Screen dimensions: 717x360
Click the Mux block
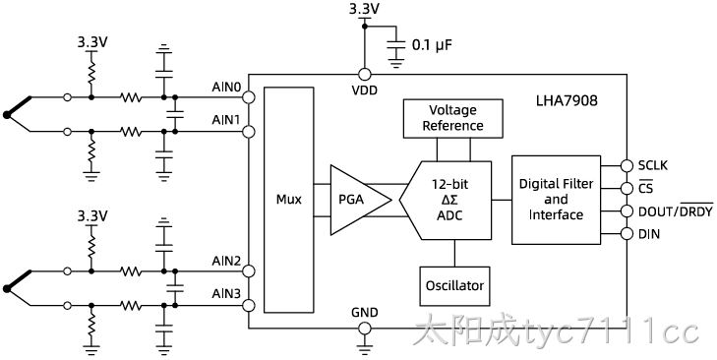point(289,200)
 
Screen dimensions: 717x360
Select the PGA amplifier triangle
point(357,200)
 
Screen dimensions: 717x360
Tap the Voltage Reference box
point(452,118)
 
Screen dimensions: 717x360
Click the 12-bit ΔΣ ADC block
point(446,200)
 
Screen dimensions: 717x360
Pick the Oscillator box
point(454,286)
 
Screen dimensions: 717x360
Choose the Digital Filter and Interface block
point(556,200)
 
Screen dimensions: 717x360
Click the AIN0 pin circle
point(248,97)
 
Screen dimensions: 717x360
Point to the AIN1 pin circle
point(248,132)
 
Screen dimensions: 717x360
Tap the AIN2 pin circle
point(248,271)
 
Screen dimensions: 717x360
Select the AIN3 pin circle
point(248,305)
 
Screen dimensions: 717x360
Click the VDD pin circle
point(365,74)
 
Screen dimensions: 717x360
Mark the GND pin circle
point(365,328)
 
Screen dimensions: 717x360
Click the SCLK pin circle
point(627,165)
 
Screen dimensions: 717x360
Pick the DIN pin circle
point(627,234)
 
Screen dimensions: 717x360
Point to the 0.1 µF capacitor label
point(432,45)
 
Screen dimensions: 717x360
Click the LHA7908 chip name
point(567,100)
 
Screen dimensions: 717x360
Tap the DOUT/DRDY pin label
point(676,210)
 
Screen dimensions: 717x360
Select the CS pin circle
point(627,188)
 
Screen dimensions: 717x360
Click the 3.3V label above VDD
point(365,9)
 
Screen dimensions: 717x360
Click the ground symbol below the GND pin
point(365,348)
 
